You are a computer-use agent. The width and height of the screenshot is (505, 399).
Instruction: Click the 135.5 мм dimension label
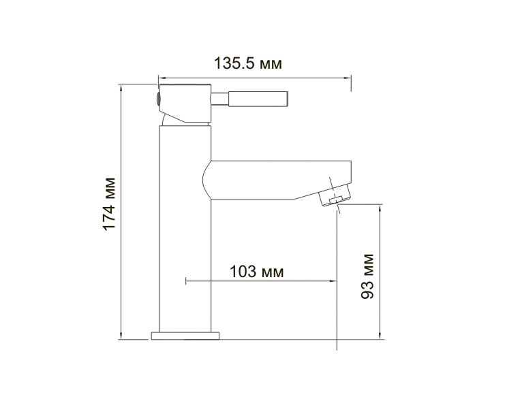(x=247, y=63)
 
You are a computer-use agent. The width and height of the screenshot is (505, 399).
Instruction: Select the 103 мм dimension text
(x=257, y=272)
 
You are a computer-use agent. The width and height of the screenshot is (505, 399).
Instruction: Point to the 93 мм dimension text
(x=367, y=276)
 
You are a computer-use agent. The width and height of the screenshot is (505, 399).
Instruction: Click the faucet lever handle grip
(x=258, y=99)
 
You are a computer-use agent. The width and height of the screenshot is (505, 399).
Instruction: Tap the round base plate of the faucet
(x=185, y=336)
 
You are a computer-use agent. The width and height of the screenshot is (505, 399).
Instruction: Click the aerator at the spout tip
(x=335, y=195)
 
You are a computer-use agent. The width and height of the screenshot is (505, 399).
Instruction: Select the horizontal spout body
(x=277, y=180)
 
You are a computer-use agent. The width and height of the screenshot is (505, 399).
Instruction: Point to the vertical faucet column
(x=185, y=229)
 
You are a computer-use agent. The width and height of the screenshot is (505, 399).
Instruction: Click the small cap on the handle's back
(x=158, y=99)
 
